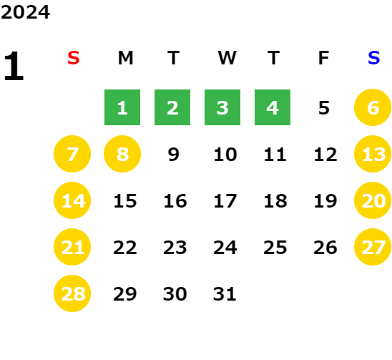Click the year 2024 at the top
pyautogui.click(x=25, y=12)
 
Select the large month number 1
pyautogui.click(x=14, y=66)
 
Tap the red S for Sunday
pyautogui.click(x=74, y=58)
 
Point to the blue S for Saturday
pyautogui.click(x=373, y=58)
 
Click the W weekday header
pyautogui.click(x=227, y=58)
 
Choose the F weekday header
pyautogui.click(x=324, y=58)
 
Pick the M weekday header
pyautogui.click(x=125, y=58)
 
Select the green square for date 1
pyautogui.click(x=122, y=107)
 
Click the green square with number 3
pyautogui.click(x=222, y=107)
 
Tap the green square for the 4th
pyautogui.click(x=273, y=107)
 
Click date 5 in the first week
pyautogui.click(x=324, y=108)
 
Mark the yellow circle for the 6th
pyautogui.click(x=373, y=107)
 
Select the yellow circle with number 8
pyautogui.click(x=122, y=154)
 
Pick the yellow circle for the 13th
pyautogui.click(x=373, y=154)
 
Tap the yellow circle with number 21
pyautogui.click(x=72, y=247)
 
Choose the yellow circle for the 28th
pyautogui.click(x=72, y=293)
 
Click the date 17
pyautogui.click(x=225, y=201)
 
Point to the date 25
pyautogui.click(x=275, y=248)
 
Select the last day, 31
pyautogui.click(x=225, y=294)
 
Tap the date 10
pyautogui.click(x=225, y=155)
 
